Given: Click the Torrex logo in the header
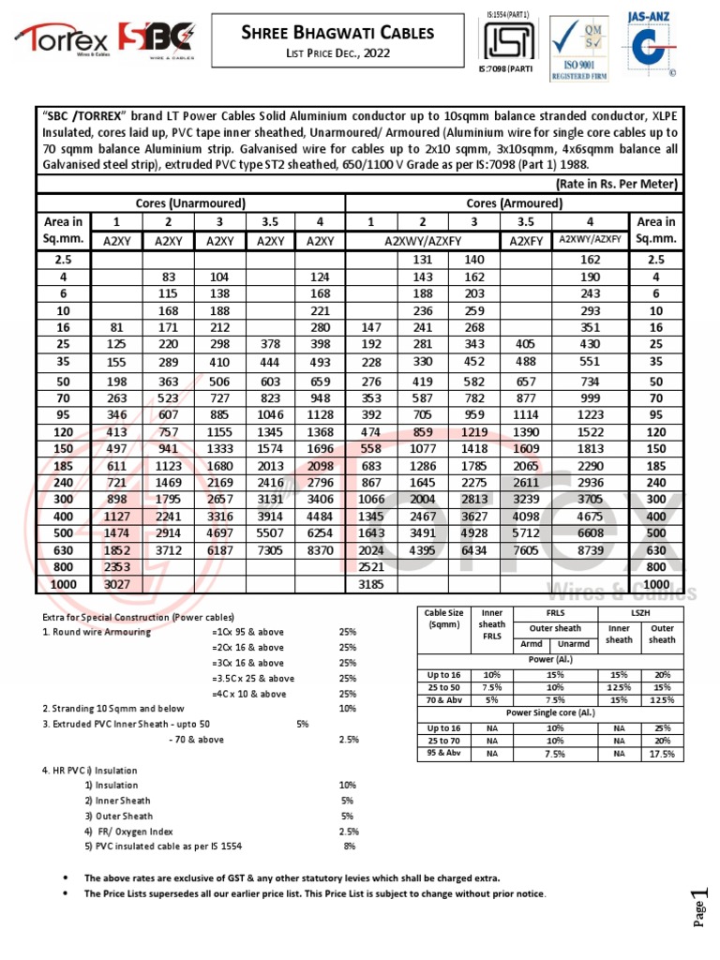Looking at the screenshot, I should point(62,39).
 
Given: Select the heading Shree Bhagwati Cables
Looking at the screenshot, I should point(338,33).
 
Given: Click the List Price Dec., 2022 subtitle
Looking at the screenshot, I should point(338,53).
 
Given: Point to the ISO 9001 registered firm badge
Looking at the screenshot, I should point(572,47).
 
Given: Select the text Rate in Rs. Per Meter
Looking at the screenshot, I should point(617,184).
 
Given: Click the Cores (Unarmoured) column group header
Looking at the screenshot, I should point(191,203).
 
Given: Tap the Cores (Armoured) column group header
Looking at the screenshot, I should point(515,203).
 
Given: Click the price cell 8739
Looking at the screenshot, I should point(589,549).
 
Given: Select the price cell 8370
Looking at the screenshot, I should point(319,549).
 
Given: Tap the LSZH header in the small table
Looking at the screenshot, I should point(641,612).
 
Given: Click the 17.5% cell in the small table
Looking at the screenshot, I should point(662,753).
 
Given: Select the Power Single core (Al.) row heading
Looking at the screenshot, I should point(550,712).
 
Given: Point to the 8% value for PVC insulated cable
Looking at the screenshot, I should point(349,846).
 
